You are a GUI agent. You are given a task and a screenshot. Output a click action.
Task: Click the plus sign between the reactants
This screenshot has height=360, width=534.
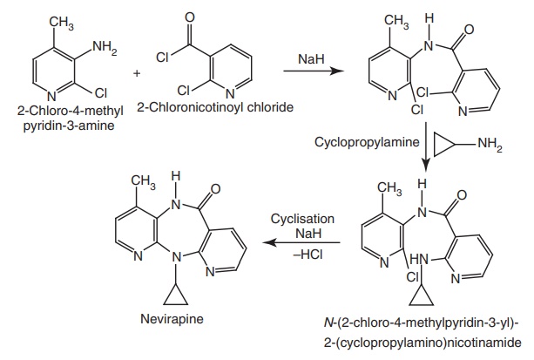[x=137, y=72]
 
